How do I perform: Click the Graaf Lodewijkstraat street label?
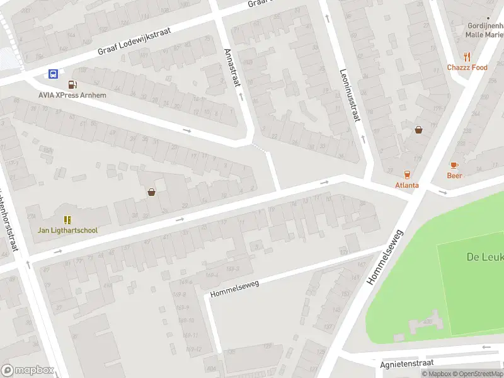pos(135,43)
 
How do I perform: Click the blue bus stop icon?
pos(54,74)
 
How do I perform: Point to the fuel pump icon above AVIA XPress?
pos(72,84)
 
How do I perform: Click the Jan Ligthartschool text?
pos(67,230)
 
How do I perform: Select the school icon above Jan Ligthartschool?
pos(67,219)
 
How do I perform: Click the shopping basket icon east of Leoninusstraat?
pos(418,130)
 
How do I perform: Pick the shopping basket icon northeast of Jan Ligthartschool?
pos(151,192)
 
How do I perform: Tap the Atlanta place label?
pos(407,185)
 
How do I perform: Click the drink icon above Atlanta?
pos(407,175)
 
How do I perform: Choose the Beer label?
pos(454,176)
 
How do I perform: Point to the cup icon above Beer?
pos(454,165)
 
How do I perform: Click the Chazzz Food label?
pos(467,67)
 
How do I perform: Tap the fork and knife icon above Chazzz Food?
pos(467,56)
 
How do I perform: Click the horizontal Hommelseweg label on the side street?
pos(234,289)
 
